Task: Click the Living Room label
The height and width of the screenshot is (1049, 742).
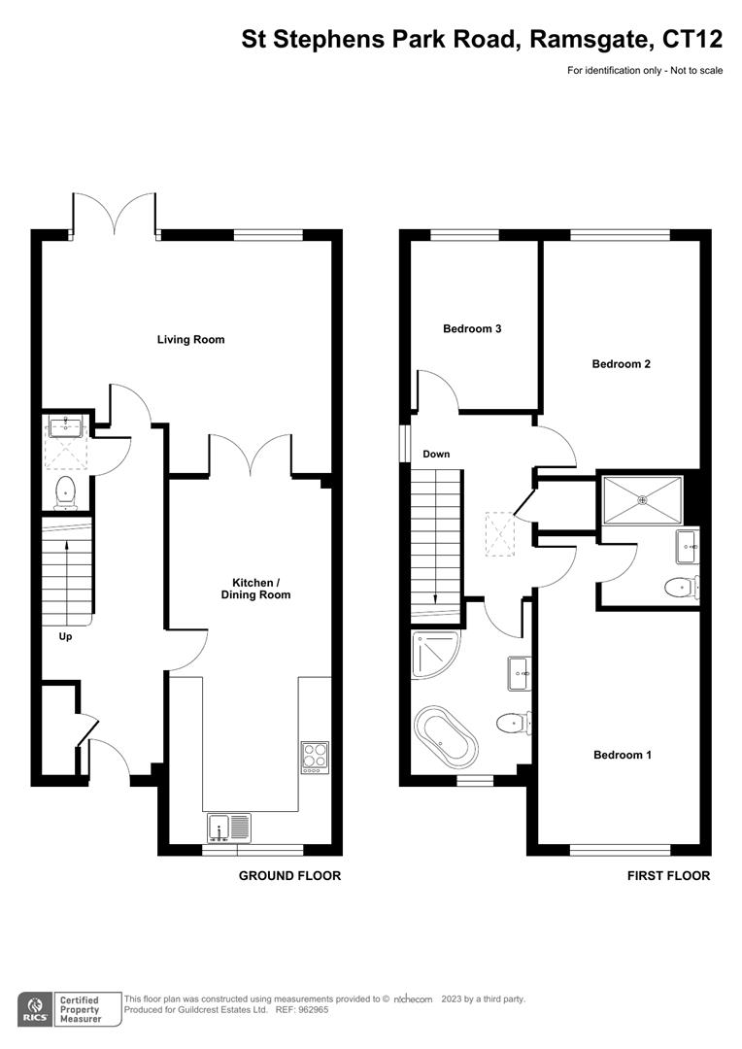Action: tap(191, 340)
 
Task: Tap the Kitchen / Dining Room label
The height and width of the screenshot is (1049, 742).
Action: tap(255, 589)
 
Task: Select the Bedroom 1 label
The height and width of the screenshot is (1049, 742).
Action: tap(622, 755)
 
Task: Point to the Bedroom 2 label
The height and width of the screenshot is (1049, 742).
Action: tap(621, 364)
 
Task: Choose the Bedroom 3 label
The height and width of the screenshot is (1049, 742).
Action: tap(472, 329)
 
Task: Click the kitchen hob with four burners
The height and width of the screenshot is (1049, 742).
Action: tap(315, 756)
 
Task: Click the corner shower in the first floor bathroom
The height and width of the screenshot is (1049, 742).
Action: tap(430, 653)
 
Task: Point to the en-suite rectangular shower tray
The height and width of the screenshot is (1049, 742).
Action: tap(641, 499)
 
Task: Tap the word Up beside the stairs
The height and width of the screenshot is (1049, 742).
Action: tap(66, 638)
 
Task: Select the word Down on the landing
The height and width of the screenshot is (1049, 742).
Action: tap(436, 455)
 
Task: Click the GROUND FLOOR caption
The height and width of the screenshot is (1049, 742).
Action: tap(289, 876)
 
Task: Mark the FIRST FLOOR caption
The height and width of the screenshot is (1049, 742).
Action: tap(668, 876)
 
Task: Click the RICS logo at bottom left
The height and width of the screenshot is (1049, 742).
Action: tap(36, 1008)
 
